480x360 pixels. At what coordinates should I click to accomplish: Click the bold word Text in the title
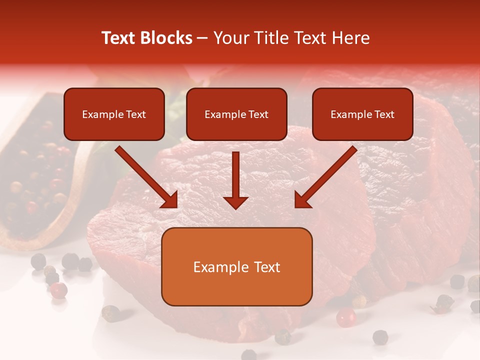pos(119,38)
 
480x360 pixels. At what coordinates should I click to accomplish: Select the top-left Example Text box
pos(114,114)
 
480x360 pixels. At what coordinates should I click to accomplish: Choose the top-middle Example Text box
pos(236,114)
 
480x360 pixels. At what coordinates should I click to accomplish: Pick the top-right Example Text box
pos(362,114)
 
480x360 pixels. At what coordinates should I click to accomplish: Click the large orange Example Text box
pos(236,266)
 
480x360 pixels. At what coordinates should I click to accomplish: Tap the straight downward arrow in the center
pos(235,180)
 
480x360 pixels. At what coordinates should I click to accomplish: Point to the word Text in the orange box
pos(266,267)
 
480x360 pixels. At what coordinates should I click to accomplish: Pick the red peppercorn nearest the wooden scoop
pos(59,289)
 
